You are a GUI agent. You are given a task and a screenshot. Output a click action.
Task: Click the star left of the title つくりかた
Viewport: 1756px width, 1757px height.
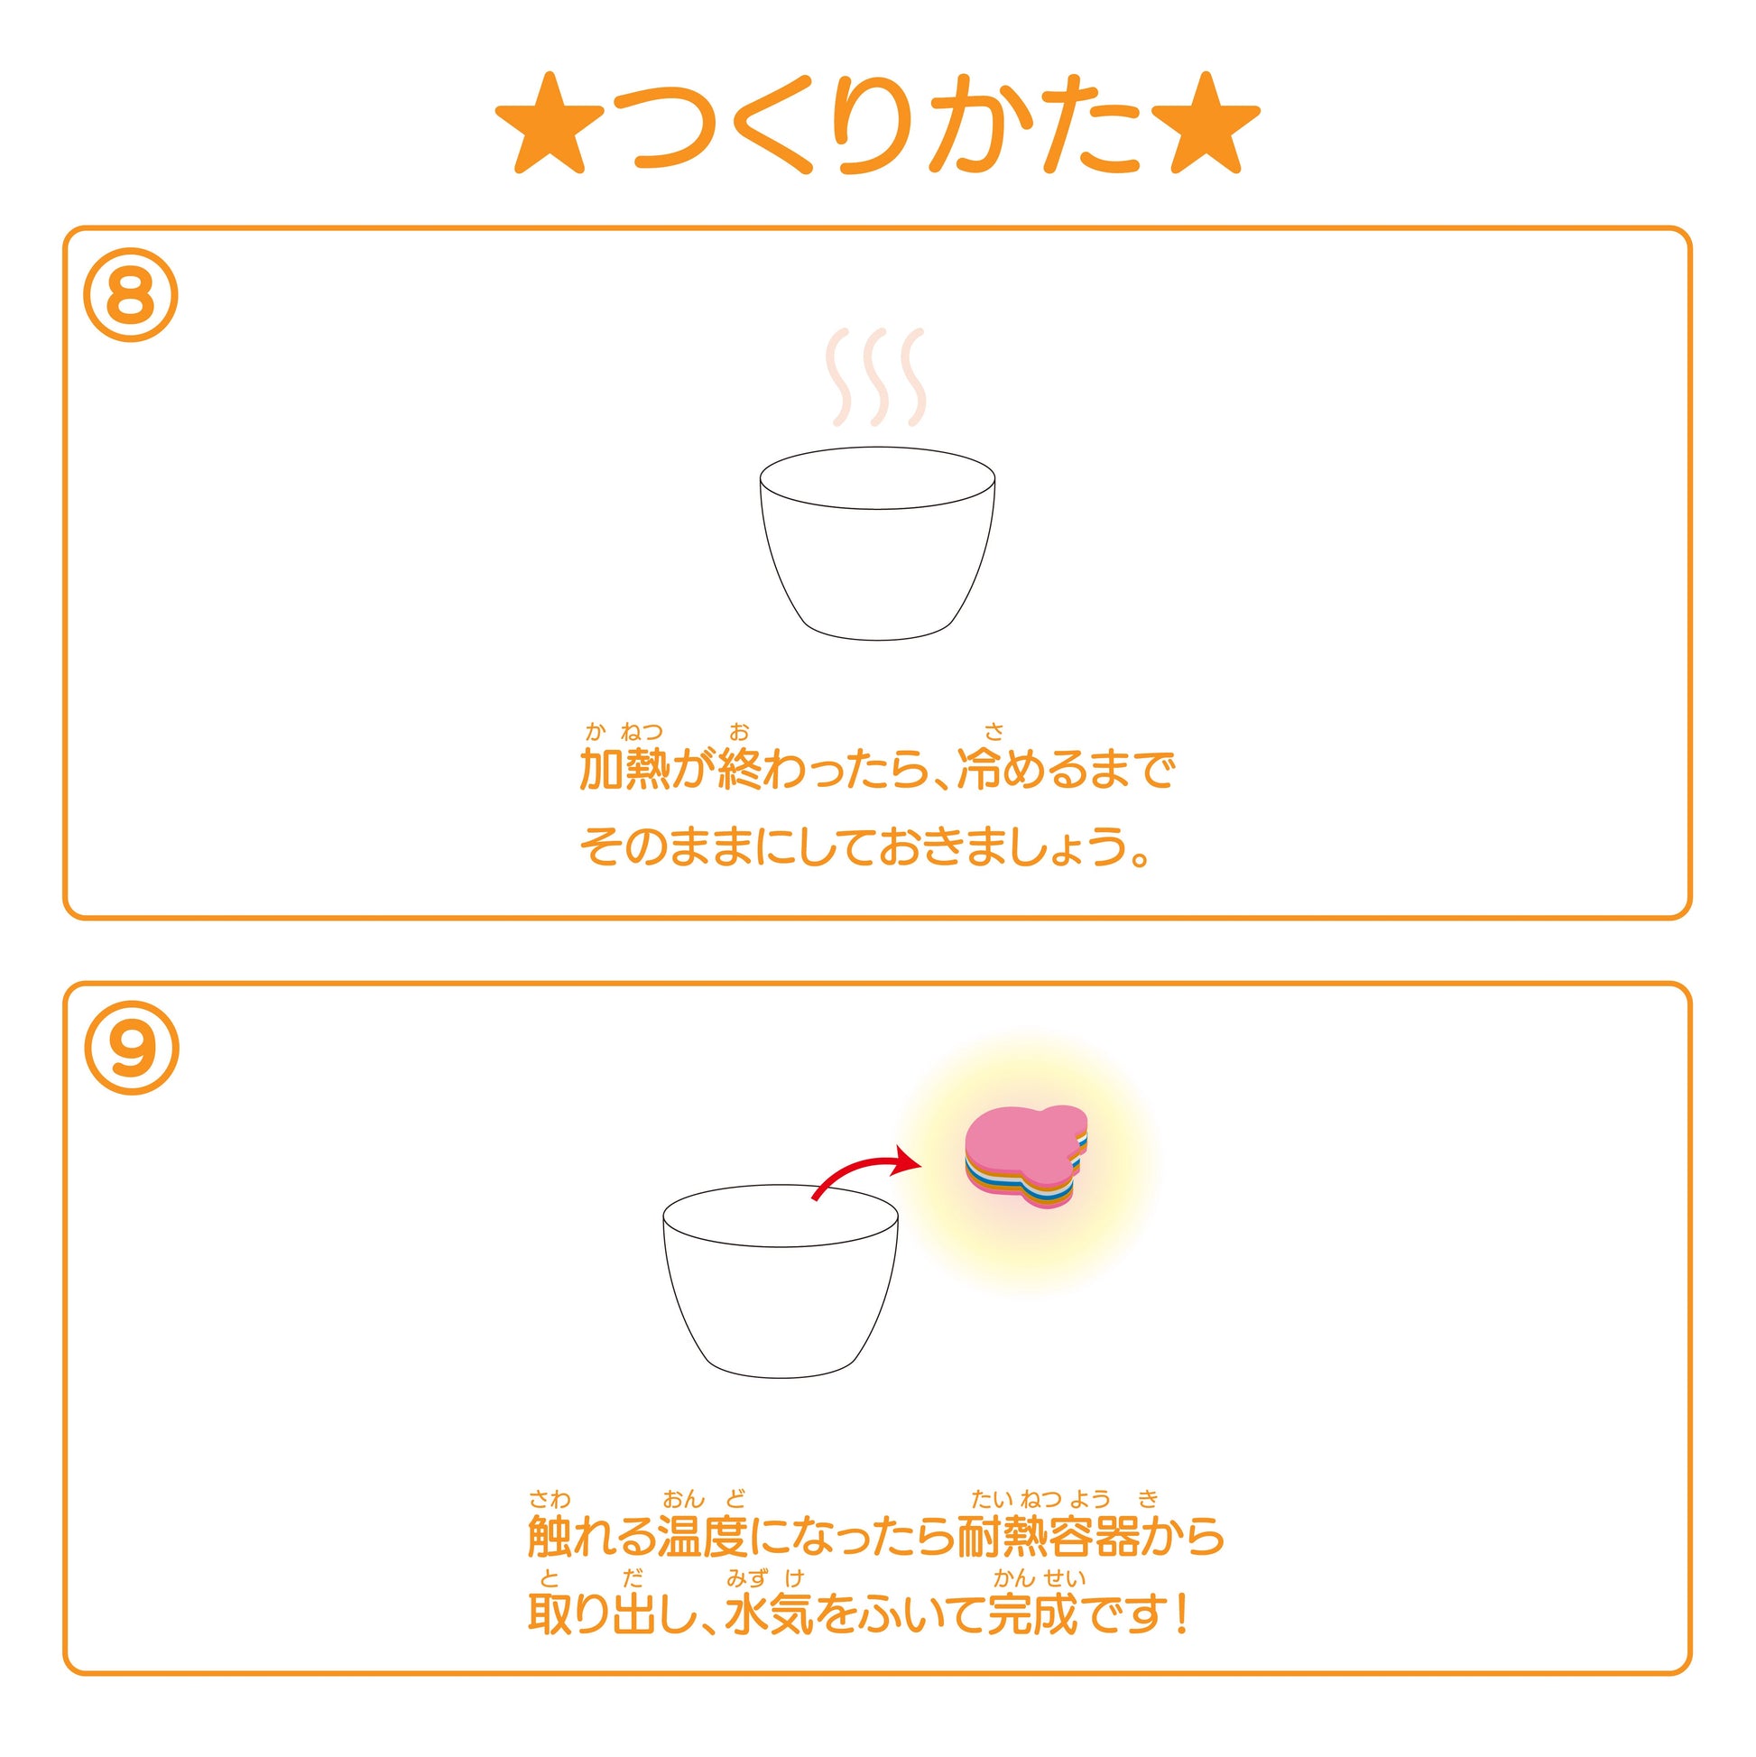coord(550,124)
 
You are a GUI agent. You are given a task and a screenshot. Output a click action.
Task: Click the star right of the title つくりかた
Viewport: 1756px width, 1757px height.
coord(1206,124)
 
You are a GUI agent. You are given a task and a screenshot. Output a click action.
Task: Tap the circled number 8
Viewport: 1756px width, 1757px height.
coord(131,296)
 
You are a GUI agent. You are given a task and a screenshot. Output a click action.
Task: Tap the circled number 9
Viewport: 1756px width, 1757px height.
coord(131,1048)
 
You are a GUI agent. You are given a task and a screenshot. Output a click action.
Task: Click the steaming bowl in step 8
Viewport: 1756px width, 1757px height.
coord(877,543)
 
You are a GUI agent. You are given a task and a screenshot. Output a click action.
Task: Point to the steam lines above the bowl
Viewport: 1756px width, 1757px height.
coord(875,377)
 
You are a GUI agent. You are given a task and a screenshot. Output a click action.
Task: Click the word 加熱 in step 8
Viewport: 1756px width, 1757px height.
coord(624,770)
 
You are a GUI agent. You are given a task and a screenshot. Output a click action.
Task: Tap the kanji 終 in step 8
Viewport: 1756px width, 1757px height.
coord(739,770)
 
